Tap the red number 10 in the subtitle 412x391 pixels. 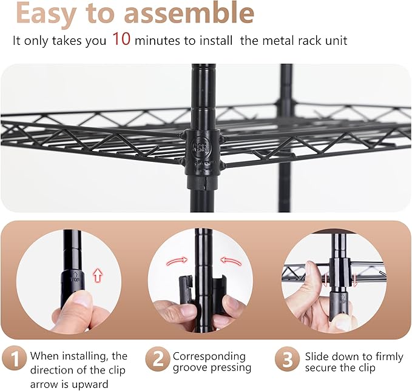[121, 41]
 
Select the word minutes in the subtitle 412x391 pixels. [157, 41]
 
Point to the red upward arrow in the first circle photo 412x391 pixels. [97, 276]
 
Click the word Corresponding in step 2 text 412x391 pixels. [209, 356]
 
